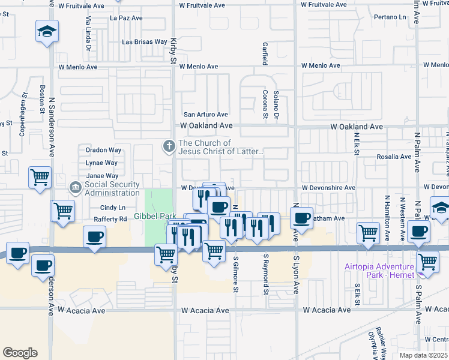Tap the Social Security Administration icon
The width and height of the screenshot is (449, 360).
(x=76, y=188)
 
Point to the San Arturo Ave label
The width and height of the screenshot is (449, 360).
(x=206, y=114)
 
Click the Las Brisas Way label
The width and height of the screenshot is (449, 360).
(x=144, y=42)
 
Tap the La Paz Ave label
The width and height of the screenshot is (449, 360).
(x=126, y=18)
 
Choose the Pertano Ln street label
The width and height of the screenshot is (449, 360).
(x=375, y=18)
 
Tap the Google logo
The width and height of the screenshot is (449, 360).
(x=20, y=353)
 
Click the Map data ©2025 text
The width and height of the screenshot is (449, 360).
(x=423, y=355)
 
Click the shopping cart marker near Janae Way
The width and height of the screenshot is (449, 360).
(x=40, y=177)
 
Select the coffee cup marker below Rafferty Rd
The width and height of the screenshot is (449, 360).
(x=94, y=236)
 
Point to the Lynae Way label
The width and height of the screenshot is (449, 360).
(x=102, y=163)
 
